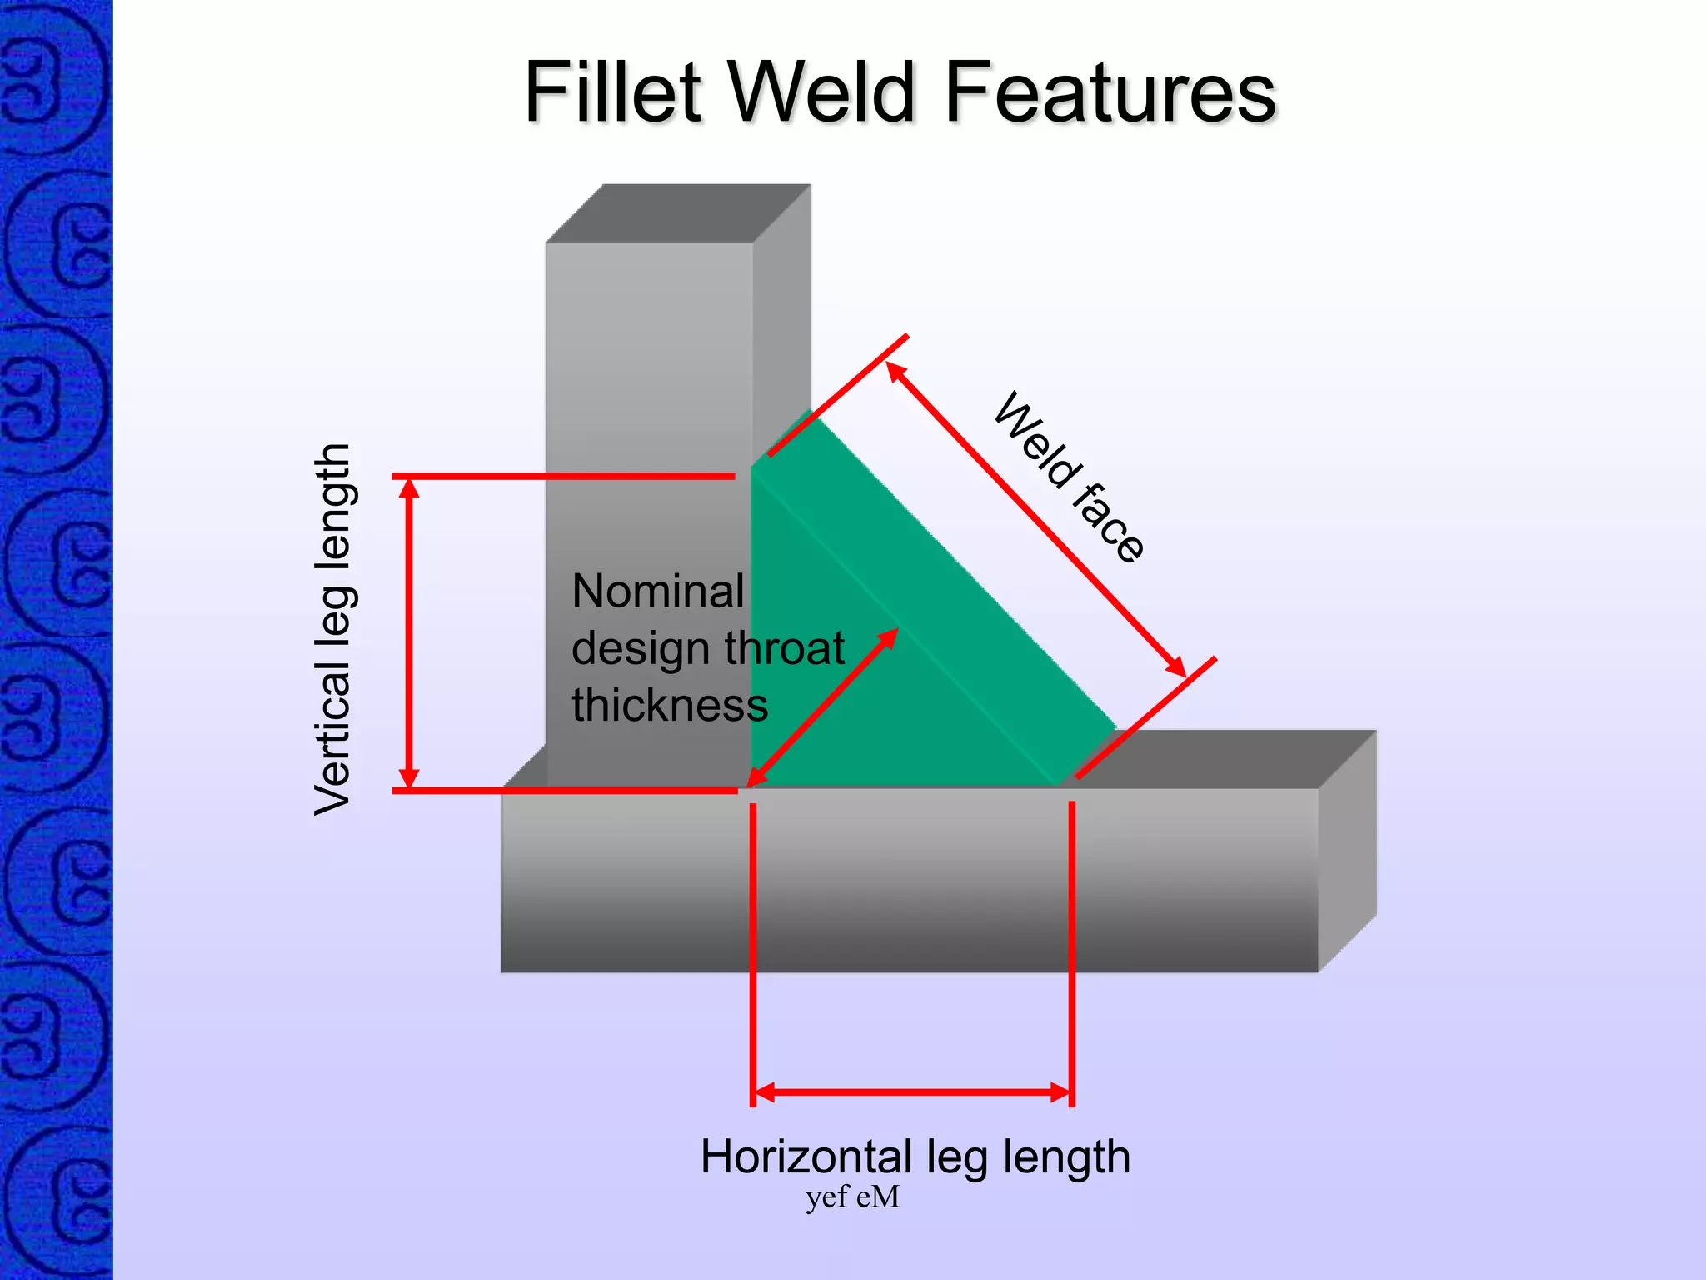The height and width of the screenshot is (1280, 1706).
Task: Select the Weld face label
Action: [1070, 477]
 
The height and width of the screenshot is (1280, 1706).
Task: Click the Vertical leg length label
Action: [333, 629]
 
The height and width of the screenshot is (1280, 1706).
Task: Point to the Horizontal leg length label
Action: [915, 1157]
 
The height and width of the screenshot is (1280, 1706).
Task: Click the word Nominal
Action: [658, 592]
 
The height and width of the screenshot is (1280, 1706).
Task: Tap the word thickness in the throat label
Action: [670, 705]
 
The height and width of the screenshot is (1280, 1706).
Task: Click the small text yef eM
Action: [852, 1197]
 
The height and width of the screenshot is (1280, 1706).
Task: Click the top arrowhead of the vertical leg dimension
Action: [408, 487]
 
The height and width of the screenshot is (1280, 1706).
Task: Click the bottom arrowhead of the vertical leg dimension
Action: [408, 778]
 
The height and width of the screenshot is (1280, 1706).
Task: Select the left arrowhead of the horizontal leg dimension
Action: [763, 1092]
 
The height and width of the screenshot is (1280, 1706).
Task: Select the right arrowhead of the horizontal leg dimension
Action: [1060, 1092]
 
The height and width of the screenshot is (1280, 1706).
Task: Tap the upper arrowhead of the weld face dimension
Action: [895, 372]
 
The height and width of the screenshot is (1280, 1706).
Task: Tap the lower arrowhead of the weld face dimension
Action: [1175, 667]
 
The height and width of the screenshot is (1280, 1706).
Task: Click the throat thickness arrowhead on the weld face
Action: [889, 637]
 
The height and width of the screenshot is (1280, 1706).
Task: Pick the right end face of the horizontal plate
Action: [1347, 850]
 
